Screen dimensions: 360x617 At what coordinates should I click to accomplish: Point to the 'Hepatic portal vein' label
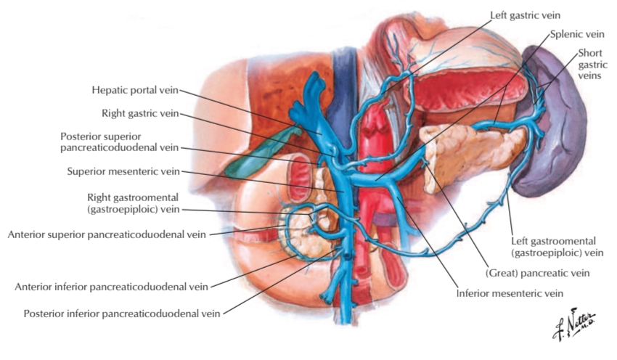point(134,91)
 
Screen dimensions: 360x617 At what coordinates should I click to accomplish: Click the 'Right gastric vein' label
point(141,113)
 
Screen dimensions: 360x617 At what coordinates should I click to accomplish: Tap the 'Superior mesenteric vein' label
point(123,172)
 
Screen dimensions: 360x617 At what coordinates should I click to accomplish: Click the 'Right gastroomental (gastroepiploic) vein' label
point(133,202)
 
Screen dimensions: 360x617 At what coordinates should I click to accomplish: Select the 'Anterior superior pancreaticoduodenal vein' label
point(106,234)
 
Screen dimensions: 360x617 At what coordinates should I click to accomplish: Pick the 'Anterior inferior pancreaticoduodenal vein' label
point(111,287)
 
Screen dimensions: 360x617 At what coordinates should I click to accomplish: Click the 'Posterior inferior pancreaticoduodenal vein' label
point(122,314)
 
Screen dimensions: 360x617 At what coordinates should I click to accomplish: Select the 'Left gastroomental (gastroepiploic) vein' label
point(558,247)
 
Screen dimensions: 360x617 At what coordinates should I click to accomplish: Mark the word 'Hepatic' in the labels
point(111,91)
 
